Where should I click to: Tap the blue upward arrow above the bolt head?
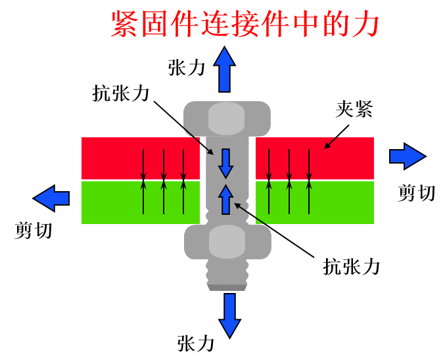point(226,68)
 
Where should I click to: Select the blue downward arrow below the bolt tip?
point(230,315)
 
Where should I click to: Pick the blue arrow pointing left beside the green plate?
point(51,196)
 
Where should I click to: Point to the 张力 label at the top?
point(187,68)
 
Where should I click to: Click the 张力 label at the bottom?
point(196,342)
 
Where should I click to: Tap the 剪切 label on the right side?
point(417,192)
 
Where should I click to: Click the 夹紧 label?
point(354,110)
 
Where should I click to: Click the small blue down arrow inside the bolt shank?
point(226,162)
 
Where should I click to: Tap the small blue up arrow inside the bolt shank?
point(226,199)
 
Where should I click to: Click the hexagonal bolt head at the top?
point(226,119)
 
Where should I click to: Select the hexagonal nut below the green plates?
point(227,242)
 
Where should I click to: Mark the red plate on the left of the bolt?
point(140,158)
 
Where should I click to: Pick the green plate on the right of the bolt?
point(314,202)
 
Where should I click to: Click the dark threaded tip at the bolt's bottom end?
point(227,286)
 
